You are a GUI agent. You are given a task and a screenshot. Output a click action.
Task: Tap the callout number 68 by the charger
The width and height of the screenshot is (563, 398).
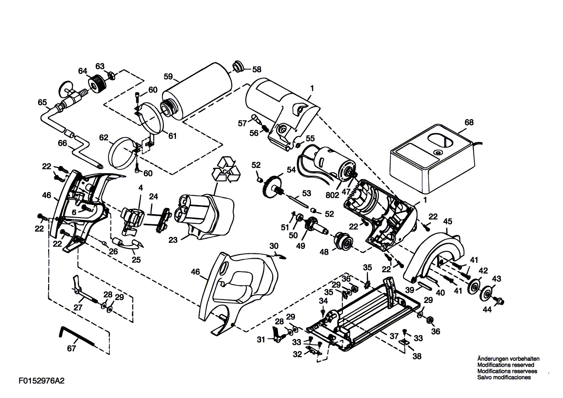(x=469, y=122)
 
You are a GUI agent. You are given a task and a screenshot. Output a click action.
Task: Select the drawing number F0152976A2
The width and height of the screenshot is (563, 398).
(x=41, y=381)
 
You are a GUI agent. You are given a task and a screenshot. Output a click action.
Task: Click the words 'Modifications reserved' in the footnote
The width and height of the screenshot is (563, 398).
(x=506, y=365)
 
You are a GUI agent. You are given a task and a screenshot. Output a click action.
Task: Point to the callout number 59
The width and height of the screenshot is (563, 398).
(x=168, y=77)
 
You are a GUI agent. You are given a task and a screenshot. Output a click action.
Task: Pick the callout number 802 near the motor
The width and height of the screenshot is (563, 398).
(x=332, y=195)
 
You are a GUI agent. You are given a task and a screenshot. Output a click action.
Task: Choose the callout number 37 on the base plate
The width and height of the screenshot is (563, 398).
(x=394, y=336)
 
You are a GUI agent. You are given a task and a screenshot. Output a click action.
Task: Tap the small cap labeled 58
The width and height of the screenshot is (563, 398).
(x=238, y=67)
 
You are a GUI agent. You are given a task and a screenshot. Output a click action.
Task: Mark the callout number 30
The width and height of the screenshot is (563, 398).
(x=274, y=246)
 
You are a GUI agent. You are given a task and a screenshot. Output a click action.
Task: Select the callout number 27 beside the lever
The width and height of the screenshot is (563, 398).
(x=78, y=307)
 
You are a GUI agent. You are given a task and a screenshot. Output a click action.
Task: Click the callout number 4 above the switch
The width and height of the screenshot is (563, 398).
(x=141, y=188)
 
